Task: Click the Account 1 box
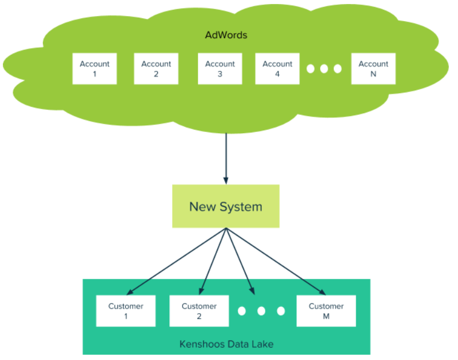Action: pos(94,69)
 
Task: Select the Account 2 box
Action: pos(156,69)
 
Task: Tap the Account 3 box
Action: pos(220,69)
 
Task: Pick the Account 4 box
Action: pos(277,69)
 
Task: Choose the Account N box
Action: pos(373,69)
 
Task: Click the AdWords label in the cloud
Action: pos(226,35)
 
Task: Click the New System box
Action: pos(225,206)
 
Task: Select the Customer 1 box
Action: pos(126,311)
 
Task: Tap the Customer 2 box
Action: pos(199,311)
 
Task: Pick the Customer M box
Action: pos(326,311)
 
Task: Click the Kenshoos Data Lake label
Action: pos(226,344)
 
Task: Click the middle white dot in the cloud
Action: pos(324,69)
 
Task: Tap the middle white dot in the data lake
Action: pos(261,311)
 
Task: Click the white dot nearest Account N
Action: pos(337,69)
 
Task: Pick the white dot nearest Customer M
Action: pos(281,311)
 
